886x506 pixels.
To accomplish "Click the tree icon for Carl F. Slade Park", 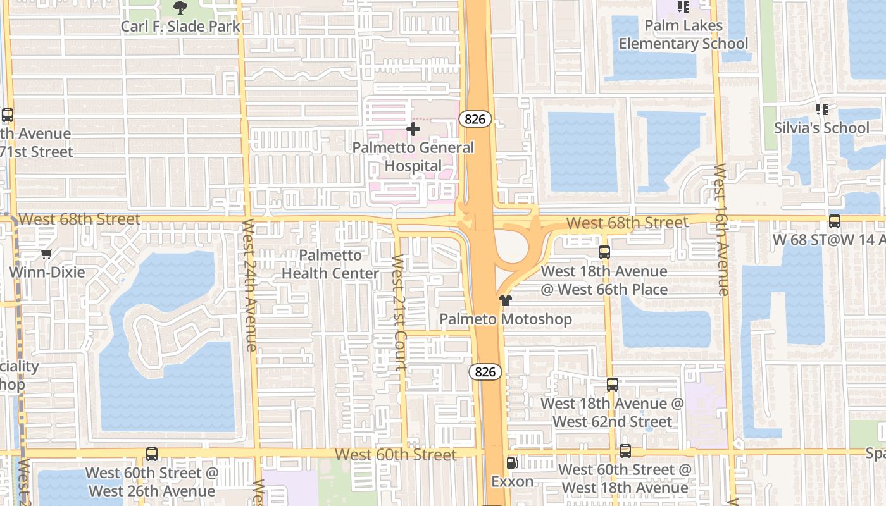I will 180,8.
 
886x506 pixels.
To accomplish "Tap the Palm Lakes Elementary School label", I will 683,35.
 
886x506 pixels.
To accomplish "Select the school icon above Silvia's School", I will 822,110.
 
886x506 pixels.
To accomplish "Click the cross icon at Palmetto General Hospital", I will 413,130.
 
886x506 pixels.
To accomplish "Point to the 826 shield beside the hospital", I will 475,118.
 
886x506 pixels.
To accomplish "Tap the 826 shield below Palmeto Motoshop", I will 485,372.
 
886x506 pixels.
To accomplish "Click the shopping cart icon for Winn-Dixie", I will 46,254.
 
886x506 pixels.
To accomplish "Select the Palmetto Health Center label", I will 330,264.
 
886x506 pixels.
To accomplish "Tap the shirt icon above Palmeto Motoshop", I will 505,300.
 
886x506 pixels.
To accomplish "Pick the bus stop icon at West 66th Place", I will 604,252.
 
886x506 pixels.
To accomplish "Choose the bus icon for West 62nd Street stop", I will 612,384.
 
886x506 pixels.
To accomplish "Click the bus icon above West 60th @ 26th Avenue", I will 151,454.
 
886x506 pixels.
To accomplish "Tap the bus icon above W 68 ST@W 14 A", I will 835,221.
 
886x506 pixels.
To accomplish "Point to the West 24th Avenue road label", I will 249,285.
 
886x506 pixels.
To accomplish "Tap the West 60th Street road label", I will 396,455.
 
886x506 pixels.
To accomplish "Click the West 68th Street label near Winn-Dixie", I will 79,219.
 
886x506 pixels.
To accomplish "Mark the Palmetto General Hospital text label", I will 413,157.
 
